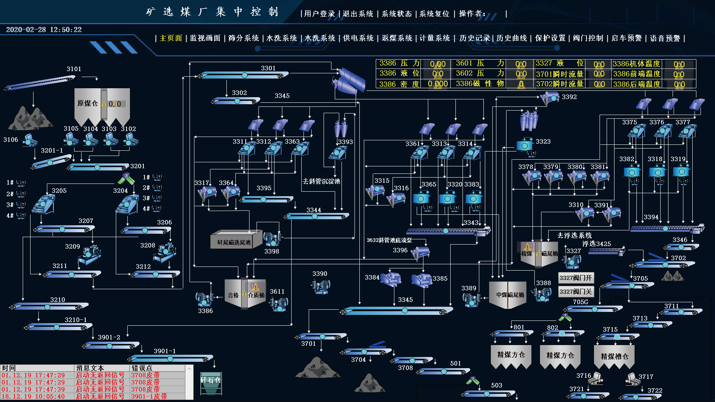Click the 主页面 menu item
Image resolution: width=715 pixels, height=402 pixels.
(171, 38)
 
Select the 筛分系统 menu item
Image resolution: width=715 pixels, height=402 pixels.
(244, 38)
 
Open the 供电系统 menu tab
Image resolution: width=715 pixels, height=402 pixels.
(358, 38)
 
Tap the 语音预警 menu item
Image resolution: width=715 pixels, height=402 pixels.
(665, 38)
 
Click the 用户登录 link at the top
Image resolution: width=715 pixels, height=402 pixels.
(320, 14)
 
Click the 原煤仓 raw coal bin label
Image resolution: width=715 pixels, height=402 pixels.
(88, 103)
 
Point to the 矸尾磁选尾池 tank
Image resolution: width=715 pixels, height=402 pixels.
(234, 242)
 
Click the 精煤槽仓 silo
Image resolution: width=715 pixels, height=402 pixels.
(614, 357)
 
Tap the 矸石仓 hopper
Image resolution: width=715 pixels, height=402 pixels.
(211, 380)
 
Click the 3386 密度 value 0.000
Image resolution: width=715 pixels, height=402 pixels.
(438, 84)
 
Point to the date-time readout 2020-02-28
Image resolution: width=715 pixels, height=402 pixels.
(44, 30)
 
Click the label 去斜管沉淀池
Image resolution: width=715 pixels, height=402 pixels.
(321, 181)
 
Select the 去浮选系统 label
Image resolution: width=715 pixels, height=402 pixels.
(574, 235)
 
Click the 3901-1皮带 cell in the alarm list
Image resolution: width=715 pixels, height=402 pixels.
(149, 396)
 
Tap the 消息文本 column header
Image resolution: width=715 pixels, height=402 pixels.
(90, 368)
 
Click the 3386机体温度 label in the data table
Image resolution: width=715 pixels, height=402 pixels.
(636, 64)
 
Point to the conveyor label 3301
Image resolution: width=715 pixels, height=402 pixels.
(268, 68)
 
